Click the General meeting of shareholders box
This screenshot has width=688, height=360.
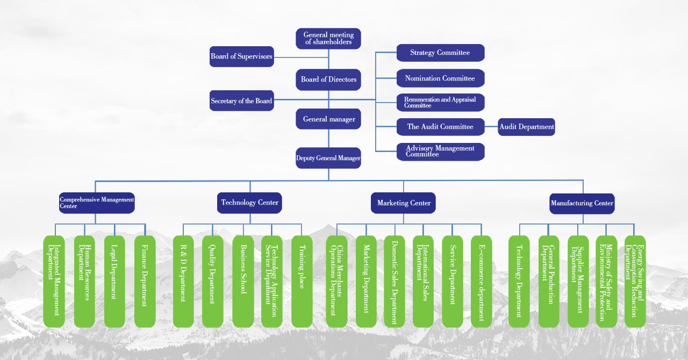point(328,39)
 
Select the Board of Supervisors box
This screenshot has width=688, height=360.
point(241,56)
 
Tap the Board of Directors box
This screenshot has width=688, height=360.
point(328,80)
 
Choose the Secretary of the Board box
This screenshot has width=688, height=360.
point(241,101)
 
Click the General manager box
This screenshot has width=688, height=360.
point(328,119)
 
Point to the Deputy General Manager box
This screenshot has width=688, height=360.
point(328,158)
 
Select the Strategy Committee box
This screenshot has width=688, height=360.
point(440,53)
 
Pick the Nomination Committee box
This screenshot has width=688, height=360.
point(440,78)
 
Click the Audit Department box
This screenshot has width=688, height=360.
point(526,127)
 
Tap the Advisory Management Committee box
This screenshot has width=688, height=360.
point(440,152)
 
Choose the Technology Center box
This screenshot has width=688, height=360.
point(250,203)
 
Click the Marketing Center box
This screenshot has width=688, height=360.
point(403,203)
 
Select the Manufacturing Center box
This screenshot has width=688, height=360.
point(582,203)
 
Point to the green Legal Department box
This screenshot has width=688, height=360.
point(114,281)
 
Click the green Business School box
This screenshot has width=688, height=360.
point(243,281)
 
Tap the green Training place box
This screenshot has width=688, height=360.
point(302,281)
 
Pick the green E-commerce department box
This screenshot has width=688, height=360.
point(481,281)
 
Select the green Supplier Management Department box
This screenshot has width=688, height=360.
point(578,281)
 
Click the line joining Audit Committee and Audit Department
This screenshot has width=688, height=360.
point(491,127)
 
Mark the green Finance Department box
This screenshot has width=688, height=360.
point(145,281)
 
